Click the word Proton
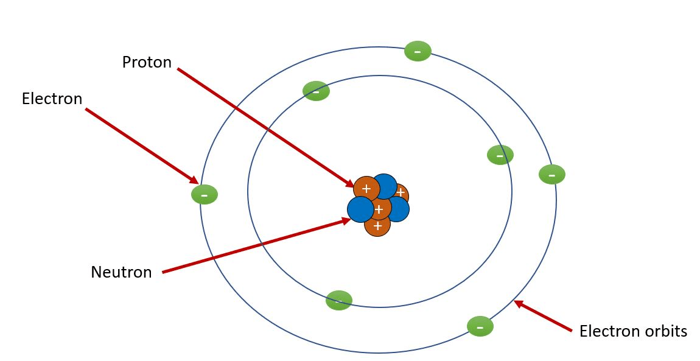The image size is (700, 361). (147, 62)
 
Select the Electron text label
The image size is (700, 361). (52, 99)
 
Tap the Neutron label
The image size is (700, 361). (121, 272)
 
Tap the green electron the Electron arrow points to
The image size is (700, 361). (205, 194)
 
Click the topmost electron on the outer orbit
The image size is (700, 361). (418, 51)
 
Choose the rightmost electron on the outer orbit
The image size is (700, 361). (551, 175)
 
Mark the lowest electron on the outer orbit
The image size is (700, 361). (480, 326)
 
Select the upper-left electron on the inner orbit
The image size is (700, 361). (316, 91)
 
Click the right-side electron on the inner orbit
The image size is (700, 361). (500, 155)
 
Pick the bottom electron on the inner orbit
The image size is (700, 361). (339, 300)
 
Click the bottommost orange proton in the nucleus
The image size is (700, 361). (377, 226)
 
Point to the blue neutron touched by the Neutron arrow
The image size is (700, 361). (360, 209)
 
